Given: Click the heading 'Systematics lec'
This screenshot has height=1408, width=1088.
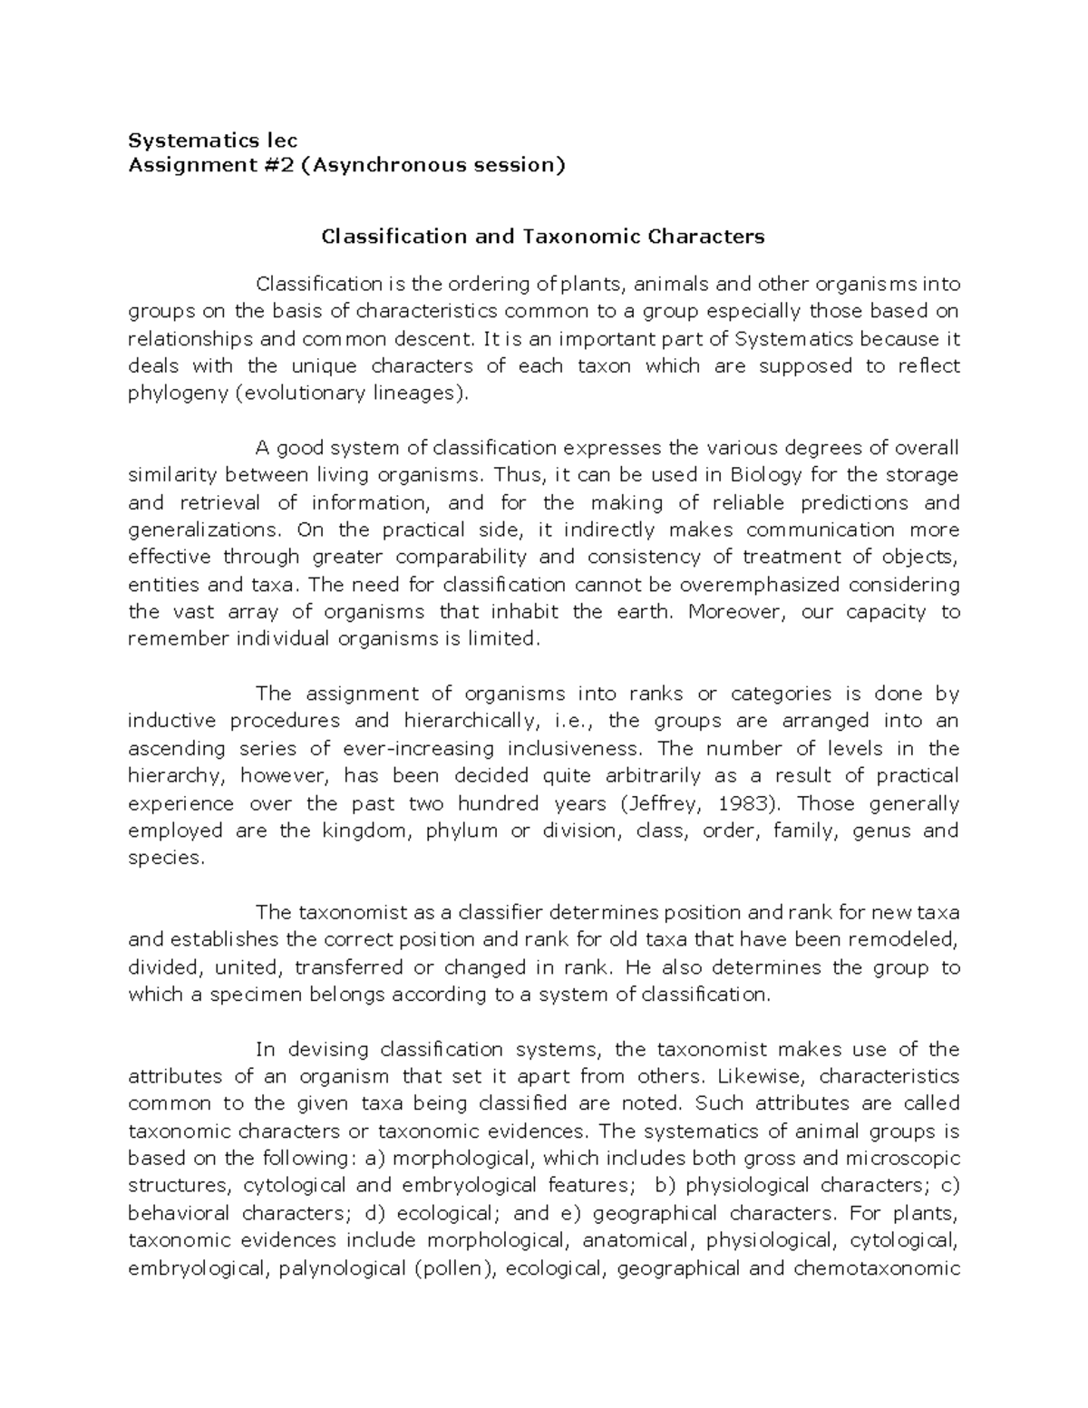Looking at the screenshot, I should (x=212, y=141).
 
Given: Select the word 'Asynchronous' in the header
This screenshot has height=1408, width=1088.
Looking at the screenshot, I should (x=391, y=165).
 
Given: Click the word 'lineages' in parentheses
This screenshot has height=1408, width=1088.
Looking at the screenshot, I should (x=415, y=393).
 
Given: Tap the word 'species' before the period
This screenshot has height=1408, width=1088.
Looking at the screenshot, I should (x=165, y=859).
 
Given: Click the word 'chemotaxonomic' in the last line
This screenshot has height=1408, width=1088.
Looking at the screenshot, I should (x=876, y=1268).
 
